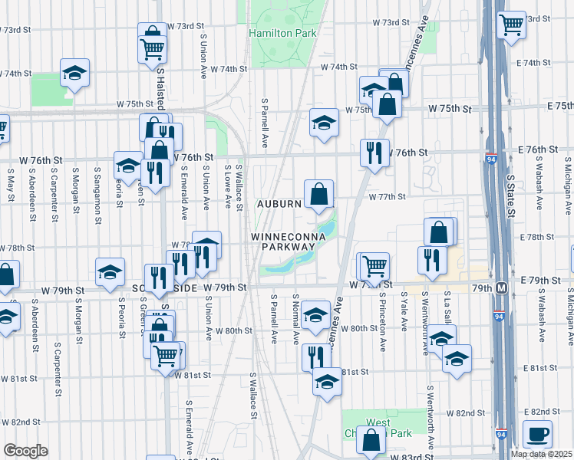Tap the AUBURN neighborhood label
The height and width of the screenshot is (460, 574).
279,205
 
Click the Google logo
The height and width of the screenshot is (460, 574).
25,450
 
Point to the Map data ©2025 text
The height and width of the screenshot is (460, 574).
541,454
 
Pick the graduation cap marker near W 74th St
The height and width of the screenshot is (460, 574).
75,72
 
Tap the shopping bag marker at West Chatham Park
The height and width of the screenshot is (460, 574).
371,440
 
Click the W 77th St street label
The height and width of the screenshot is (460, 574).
386,197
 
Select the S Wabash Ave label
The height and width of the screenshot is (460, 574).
539,183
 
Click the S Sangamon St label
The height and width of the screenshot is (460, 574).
97,188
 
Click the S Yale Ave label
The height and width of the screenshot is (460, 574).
404,314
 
